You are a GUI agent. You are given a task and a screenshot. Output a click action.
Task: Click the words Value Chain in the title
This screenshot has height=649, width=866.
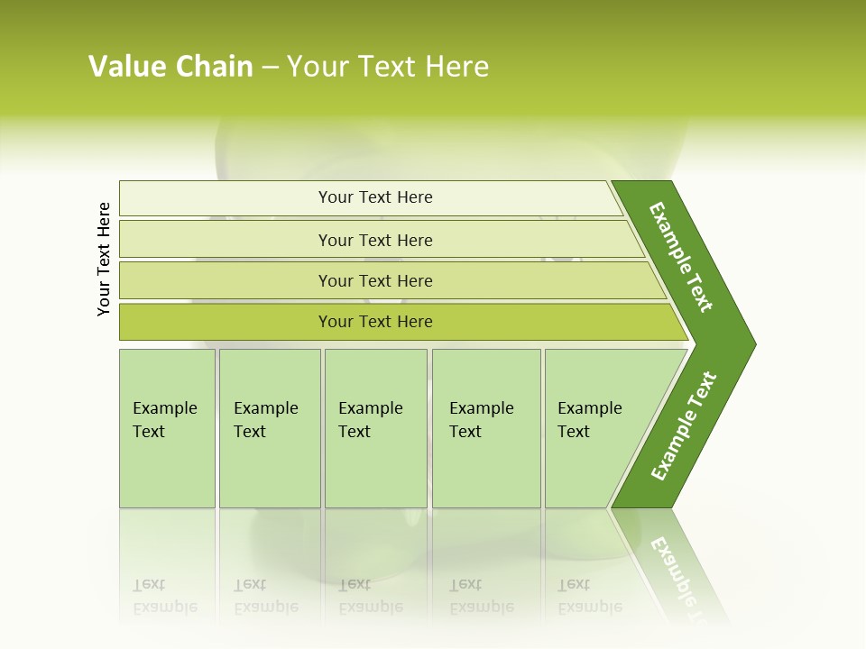pyautogui.click(x=170, y=67)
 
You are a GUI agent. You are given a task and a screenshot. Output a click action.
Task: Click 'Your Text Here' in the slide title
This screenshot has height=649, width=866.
pyautogui.click(x=388, y=67)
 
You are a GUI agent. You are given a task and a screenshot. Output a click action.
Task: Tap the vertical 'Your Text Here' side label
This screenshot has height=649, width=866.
pyautogui.click(x=104, y=259)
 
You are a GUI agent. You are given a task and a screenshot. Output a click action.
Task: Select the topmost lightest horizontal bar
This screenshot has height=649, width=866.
pyautogui.click(x=226, y=198)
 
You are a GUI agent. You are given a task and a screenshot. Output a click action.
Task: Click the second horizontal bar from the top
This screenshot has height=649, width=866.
pyautogui.click(x=226, y=240)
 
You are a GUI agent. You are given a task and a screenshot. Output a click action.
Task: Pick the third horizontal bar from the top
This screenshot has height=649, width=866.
pyautogui.click(x=226, y=280)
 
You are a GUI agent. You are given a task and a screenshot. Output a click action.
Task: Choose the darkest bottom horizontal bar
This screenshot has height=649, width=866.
pyautogui.click(x=226, y=322)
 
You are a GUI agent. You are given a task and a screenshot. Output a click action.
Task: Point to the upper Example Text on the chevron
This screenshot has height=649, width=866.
pyautogui.click(x=681, y=257)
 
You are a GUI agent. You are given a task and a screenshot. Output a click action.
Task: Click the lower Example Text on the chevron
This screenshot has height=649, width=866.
pyautogui.click(x=683, y=426)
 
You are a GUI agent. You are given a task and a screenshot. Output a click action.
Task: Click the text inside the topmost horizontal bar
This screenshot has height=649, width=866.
pyautogui.click(x=375, y=197)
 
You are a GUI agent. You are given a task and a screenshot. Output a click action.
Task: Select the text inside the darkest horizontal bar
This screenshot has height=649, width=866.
pyautogui.click(x=375, y=322)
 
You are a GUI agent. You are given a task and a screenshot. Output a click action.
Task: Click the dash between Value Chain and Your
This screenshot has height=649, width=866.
pyautogui.click(x=270, y=68)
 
